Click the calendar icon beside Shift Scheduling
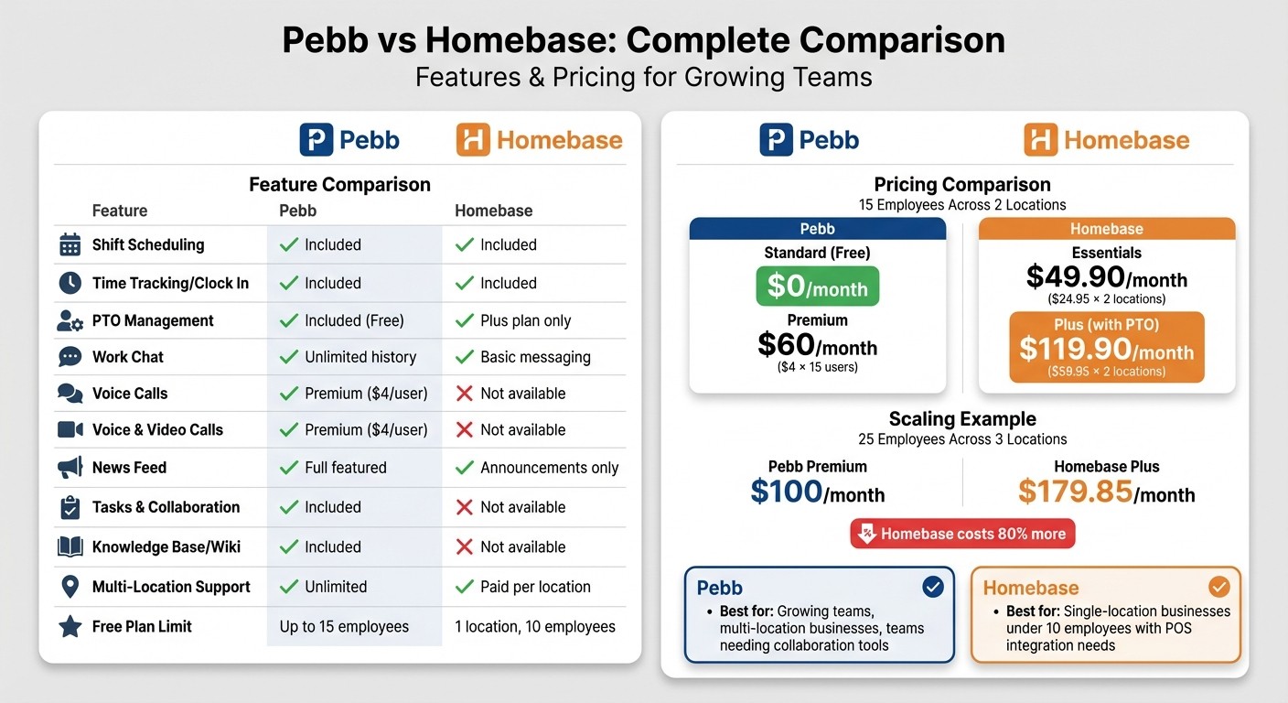pos(70,245)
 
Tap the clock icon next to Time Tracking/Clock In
pos(70,284)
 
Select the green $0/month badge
pos(817,287)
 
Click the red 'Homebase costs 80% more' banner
pos(962,534)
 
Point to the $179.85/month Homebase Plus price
pos(1106,492)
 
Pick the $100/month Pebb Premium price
pos(817,492)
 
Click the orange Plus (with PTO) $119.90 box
pos(1106,347)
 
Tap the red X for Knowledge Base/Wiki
pos(465,547)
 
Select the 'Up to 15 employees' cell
pos(344,627)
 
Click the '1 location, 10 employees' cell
pos(534,627)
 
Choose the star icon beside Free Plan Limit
pos(70,627)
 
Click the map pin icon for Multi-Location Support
pos(70,587)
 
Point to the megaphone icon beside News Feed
pos(70,468)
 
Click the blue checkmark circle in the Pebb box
pos(932,587)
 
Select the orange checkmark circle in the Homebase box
pos(1218,587)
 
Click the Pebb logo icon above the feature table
pos(316,140)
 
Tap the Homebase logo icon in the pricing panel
pos(1040,140)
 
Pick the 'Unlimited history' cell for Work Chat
pos(360,357)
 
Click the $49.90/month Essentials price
pos(1106,277)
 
